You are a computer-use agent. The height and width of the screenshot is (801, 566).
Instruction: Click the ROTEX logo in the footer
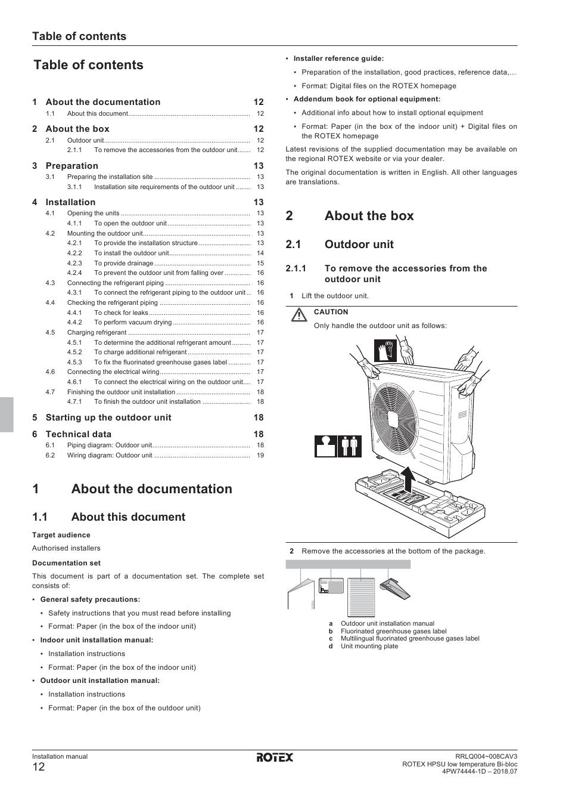click(x=275, y=757)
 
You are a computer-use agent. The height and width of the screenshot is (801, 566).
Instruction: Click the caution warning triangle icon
click(x=298, y=314)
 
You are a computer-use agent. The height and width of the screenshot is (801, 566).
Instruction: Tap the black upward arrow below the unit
click(x=408, y=478)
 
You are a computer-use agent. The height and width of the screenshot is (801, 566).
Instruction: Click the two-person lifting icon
click(x=350, y=446)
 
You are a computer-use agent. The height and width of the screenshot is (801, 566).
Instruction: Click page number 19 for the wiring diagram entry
click(x=260, y=456)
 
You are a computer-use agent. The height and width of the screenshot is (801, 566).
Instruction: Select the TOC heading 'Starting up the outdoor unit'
click(x=108, y=417)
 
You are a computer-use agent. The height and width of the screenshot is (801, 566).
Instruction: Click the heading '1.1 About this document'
click(x=127, y=517)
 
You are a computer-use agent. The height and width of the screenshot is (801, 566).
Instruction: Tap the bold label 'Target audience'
click(x=61, y=535)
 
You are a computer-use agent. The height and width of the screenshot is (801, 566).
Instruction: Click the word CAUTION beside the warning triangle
click(x=331, y=312)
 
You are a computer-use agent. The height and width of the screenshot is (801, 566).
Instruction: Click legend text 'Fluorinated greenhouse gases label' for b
click(x=393, y=631)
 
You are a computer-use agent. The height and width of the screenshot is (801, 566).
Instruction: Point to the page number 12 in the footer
click(x=38, y=767)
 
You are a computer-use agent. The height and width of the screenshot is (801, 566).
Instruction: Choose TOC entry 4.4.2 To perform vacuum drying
click(x=133, y=323)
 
